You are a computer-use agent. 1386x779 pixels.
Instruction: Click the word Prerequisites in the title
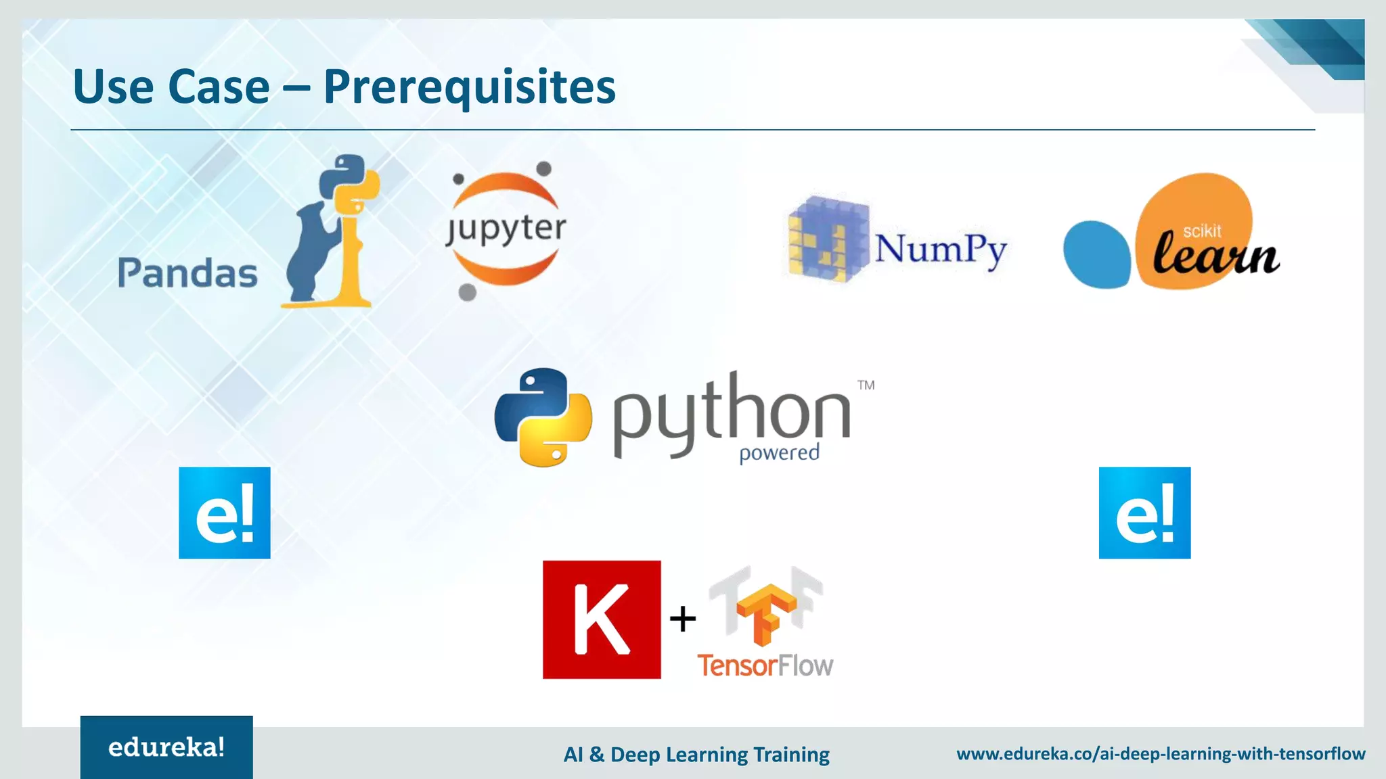click(x=469, y=87)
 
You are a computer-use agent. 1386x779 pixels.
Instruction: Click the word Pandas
click(x=187, y=273)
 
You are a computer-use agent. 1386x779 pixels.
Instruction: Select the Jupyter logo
click(x=506, y=229)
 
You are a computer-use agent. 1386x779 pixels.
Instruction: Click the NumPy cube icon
click(x=828, y=239)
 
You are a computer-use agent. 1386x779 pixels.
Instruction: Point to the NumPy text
click(x=941, y=249)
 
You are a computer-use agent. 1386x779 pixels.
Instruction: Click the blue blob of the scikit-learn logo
click(x=1096, y=254)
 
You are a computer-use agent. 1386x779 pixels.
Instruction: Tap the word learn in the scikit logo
click(x=1215, y=255)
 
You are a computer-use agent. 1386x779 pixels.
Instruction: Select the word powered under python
click(x=779, y=452)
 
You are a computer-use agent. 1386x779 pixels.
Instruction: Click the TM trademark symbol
click(x=866, y=385)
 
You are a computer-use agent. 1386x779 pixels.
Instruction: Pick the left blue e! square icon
click(x=225, y=513)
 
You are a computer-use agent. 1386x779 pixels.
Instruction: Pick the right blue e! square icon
click(x=1144, y=513)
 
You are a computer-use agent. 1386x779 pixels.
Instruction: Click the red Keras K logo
click(x=602, y=619)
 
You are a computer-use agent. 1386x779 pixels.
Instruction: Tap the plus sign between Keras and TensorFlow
click(x=683, y=619)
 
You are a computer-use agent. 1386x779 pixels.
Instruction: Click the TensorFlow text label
click(x=765, y=665)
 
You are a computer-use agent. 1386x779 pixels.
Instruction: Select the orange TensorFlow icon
click(x=765, y=611)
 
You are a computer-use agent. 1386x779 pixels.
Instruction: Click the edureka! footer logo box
click(x=166, y=747)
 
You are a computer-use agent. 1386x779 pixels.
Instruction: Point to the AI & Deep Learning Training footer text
click(x=696, y=754)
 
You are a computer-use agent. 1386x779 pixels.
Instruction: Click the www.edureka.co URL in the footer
click(x=1161, y=753)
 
